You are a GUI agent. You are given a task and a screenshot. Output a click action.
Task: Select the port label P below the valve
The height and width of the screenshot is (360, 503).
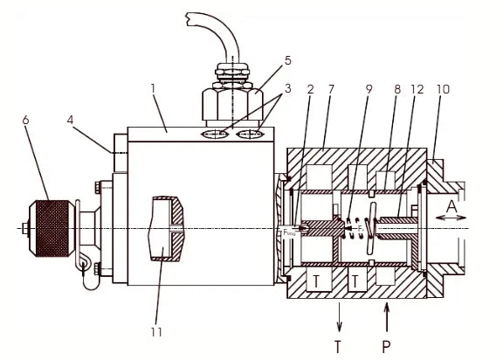[386, 345]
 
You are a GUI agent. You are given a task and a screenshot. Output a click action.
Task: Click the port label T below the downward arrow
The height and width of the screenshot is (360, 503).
[337, 345]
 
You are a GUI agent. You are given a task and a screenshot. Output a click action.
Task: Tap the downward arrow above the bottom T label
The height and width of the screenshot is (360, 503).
[337, 313]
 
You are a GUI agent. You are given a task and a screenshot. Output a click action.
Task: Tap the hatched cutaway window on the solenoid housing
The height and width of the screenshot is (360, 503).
[168, 229]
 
